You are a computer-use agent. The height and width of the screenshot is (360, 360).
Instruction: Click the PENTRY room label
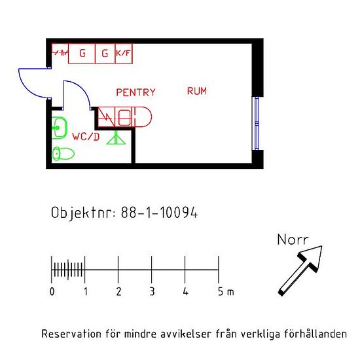[135, 92]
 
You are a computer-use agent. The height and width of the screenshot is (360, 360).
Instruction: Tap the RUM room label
[197, 91]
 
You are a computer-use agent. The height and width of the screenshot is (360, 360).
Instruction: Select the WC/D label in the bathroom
[86, 137]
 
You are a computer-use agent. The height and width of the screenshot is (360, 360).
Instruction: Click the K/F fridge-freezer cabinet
[124, 53]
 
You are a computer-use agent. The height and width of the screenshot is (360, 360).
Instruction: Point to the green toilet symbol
[63, 153]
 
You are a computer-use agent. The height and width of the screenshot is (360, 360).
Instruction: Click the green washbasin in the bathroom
[59, 128]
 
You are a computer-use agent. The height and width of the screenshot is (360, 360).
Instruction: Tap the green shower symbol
[116, 137]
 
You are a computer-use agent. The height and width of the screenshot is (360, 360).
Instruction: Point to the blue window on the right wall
[257, 123]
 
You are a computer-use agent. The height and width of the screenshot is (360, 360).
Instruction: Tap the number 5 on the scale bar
[221, 291]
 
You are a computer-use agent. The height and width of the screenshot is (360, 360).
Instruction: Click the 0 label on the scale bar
[52, 291]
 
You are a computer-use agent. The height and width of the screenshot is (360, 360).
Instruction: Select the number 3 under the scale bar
[152, 291]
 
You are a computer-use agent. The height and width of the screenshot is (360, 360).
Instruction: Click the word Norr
[293, 240]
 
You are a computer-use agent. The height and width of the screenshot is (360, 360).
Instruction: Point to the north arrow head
[313, 256]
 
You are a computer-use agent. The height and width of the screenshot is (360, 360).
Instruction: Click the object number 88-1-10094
[159, 212]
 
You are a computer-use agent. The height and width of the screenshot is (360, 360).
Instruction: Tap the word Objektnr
[83, 213]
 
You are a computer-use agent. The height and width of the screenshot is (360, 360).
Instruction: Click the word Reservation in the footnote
[71, 334]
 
